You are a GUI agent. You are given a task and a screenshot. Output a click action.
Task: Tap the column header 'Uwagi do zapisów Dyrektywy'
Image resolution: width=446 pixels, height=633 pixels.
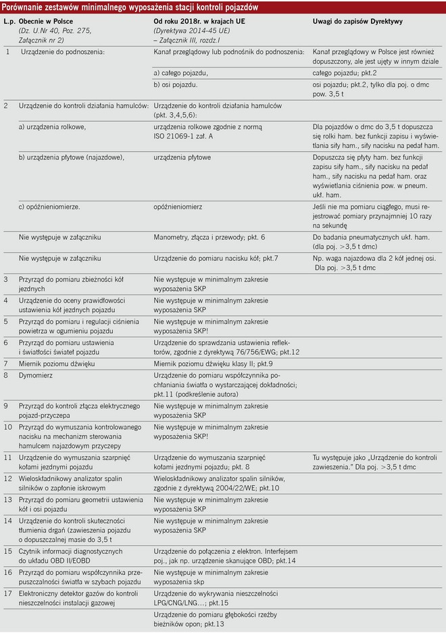tap(357, 21)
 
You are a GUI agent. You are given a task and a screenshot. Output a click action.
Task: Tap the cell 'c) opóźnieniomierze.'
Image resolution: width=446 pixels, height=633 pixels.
tap(49, 205)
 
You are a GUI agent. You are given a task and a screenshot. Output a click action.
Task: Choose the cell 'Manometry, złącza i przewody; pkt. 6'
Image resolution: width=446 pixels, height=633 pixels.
tap(209, 238)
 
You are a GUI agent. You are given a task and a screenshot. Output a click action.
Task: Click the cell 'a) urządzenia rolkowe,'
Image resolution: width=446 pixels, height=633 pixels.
tap(52, 126)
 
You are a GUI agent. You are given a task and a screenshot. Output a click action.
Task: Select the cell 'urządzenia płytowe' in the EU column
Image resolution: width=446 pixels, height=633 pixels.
tap(182, 157)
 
